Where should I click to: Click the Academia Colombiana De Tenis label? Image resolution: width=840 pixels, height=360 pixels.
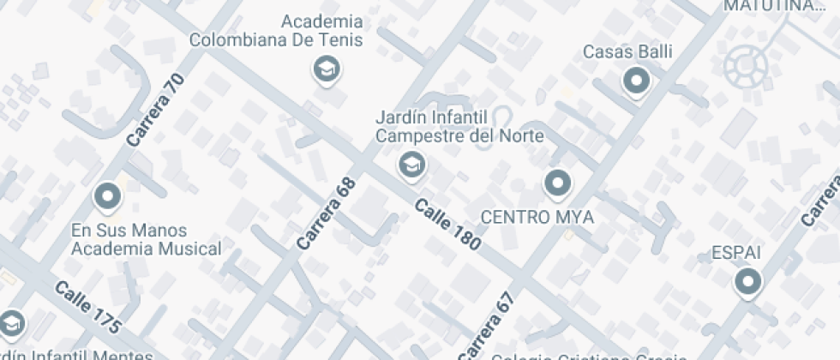276,31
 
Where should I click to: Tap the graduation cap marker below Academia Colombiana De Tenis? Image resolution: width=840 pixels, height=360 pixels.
326,69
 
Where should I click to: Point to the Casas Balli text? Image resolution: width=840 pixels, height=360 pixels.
627,51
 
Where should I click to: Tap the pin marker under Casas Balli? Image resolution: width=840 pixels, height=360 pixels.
636,82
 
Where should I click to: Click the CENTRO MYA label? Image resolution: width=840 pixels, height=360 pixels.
537,217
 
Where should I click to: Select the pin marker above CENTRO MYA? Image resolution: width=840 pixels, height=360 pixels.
558,183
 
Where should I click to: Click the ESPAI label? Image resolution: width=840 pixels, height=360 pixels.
736,253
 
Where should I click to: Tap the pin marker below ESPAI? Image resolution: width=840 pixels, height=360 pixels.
748,281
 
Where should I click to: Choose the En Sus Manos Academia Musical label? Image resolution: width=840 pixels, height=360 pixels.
145,240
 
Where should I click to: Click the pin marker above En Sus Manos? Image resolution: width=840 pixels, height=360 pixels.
108,197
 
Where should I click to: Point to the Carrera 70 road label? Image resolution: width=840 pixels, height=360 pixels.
155,109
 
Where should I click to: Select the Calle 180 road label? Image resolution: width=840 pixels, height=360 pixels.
447,225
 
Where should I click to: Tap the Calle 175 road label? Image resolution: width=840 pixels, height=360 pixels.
87,307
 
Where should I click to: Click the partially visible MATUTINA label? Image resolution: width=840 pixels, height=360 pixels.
773,6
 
